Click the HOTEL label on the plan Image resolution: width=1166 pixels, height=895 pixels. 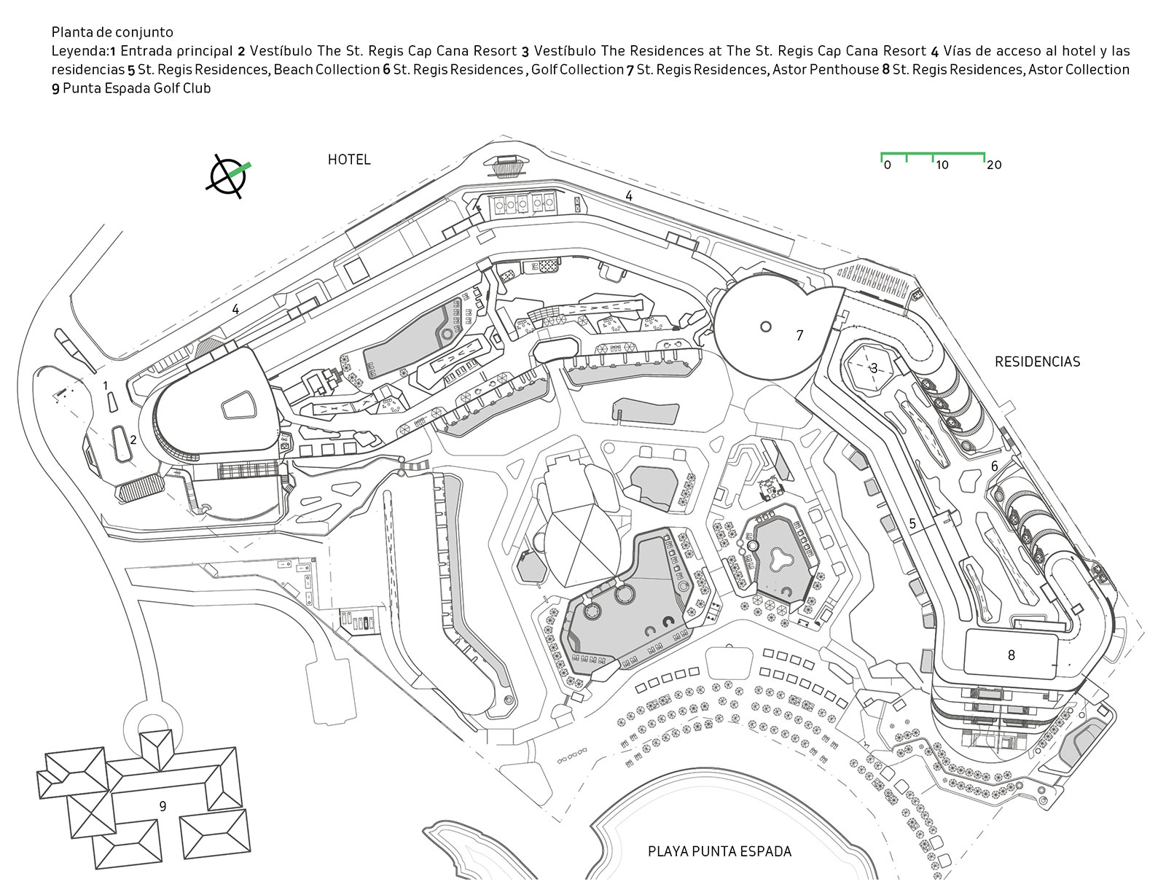pyautogui.click(x=349, y=160)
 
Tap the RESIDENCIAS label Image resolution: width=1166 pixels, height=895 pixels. pyautogui.click(x=1037, y=361)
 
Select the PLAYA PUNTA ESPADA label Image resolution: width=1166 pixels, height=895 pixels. pyautogui.click(x=719, y=851)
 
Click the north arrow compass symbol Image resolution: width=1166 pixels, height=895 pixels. pyautogui.click(x=227, y=176)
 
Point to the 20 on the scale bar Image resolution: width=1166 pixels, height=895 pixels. pyautogui.click(x=994, y=165)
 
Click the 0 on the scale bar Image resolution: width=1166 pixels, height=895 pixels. pyautogui.click(x=887, y=165)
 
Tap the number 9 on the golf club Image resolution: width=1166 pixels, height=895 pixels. pyautogui.click(x=163, y=805)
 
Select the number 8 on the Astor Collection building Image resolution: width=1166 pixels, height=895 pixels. pyautogui.click(x=1011, y=655)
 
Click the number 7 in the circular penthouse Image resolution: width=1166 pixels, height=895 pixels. pyautogui.click(x=799, y=335)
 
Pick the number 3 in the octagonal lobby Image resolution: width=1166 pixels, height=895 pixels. pyautogui.click(x=873, y=368)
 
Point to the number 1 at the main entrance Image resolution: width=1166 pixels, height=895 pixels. pyautogui.click(x=105, y=385)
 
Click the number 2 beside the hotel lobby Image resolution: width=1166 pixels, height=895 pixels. pyautogui.click(x=133, y=439)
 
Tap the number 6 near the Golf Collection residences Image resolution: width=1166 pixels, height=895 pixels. pyautogui.click(x=994, y=466)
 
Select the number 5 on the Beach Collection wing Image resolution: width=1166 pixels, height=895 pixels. pyautogui.click(x=912, y=523)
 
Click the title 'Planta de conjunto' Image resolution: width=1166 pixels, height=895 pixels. pyautogui.click(x=112, y=32)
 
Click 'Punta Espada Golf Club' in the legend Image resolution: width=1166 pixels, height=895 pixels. pyautogui.click(x=136, y=89)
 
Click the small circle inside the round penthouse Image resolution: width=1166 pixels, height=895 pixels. pyautogui.click(x=765, y=327)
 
